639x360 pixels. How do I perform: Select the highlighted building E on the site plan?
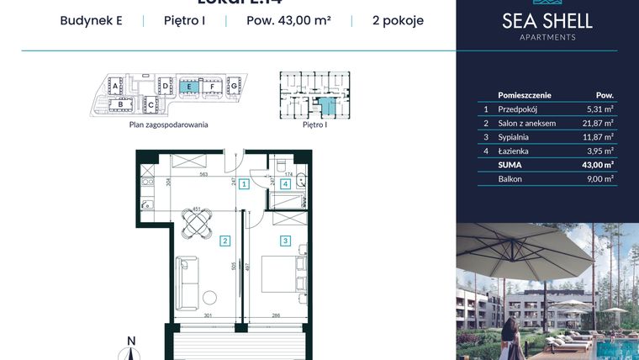pyautogui.click(x=191, y=86)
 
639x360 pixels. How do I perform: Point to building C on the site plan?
pyautogui.click(x=151, y=105)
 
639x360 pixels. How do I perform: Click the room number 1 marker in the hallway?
pyautogui.click(x=242, y=184)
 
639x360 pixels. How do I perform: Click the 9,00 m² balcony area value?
pyautogui.click(x=601, y=178)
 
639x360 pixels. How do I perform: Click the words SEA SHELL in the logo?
pyautogui.click(x=547, y=21)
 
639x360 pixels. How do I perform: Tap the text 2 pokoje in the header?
pyautogui.click(x=397, y=21)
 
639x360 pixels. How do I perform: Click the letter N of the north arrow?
pyautogui.click(x=130, y=341)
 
